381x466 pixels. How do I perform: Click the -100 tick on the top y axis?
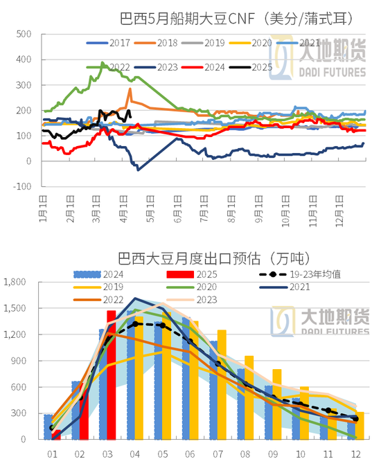pyautogui.click(x=21, y=186)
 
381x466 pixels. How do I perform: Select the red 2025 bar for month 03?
pyautogui.click(x=111, y=375)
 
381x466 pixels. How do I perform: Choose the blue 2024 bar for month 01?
pyautogui.click(x=48, y=427)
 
